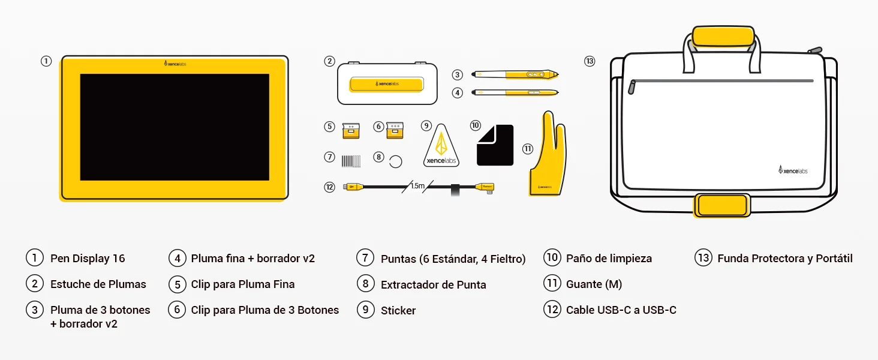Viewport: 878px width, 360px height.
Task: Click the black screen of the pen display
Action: pos(175,127)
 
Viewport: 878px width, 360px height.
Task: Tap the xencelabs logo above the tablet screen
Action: pos(175,64)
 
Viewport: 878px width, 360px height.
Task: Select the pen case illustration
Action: pos(387,83)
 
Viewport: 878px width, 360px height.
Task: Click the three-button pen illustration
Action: pos(515,74)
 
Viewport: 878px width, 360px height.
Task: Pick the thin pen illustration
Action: pos(515,92)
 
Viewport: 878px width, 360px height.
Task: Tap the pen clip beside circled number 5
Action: pos(351,131)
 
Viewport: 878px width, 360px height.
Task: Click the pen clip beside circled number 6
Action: pos(395,131)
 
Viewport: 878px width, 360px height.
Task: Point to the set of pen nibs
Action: pos(351,161)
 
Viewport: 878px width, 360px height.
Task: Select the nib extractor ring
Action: pos(395,161)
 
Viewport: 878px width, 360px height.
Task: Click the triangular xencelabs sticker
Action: pos(441,146)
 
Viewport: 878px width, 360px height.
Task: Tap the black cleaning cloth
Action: pos(495,145)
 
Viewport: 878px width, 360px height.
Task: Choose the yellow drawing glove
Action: pos(548,154)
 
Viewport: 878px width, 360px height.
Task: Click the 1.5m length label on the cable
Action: pos(417,186)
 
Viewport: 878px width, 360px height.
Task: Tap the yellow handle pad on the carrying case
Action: pos(723,37)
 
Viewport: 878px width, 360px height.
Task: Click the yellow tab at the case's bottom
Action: pos(722,205)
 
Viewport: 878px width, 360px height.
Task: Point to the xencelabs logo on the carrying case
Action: pos(793,170)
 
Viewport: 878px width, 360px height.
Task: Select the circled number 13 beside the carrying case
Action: pos(590,61)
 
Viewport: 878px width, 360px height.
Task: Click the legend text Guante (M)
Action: pos(594,284)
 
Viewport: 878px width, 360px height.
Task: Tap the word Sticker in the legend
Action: pos(398,310)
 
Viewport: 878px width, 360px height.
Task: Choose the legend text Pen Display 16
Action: pos(88,259)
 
